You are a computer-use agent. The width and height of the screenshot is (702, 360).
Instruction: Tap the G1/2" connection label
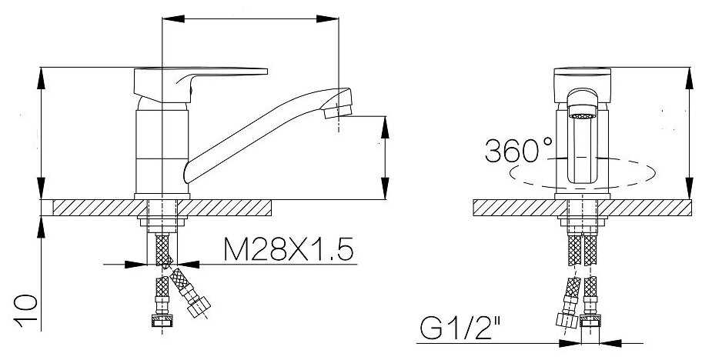coord(460,328)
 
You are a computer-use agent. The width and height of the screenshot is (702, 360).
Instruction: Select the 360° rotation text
coord(519,150)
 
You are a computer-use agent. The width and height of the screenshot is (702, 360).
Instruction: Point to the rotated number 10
coord(25,311)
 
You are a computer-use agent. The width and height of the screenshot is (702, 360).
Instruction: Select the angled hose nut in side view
coord(199,307)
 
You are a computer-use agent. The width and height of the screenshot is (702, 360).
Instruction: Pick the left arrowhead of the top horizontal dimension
coord(173,18)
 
